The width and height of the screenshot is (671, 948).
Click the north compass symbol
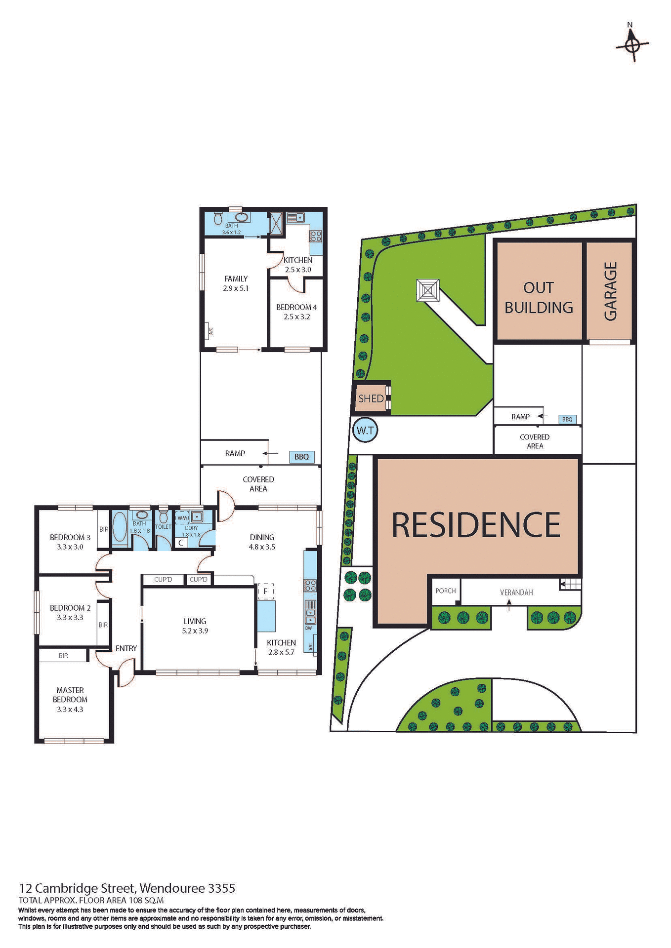point(632,45)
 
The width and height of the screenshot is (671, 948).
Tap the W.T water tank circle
point(365,431)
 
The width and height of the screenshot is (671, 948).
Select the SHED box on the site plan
point(371,398)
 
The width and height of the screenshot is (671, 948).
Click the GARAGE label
point(610,291)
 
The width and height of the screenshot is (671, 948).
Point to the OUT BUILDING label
point(539,297)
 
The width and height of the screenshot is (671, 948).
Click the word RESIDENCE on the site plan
point(476,525)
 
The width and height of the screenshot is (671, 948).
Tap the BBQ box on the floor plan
point(301,457)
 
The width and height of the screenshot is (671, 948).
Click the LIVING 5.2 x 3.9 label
point(195,626)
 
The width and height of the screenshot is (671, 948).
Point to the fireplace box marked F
point(265,591)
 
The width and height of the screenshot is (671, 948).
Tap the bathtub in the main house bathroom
point(120,528)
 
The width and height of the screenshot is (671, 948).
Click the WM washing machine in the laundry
point(182,518)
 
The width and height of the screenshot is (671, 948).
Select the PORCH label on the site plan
point(446,591)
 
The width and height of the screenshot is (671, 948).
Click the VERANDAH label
point(516,592)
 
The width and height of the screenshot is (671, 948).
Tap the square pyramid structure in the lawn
point(428,290)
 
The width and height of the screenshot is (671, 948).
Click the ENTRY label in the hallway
point(126,648)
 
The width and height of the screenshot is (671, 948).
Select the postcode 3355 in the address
point(221,888)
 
